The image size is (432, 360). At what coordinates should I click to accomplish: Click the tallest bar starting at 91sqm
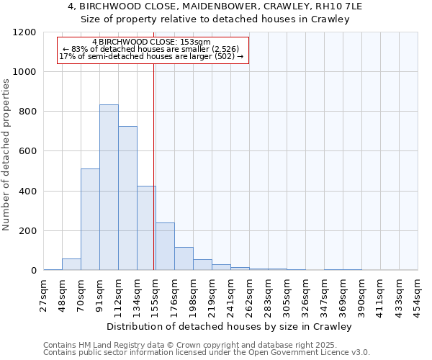(109, 187)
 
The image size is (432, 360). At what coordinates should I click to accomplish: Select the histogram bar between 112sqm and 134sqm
(127, 198)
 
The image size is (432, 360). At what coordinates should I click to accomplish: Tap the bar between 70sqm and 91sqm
(90, 220)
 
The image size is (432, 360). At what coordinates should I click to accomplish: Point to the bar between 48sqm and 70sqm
(71, 264)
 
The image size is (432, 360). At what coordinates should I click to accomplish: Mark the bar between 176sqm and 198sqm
(184, 258)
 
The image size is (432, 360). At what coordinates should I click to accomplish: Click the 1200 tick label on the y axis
(24, 32)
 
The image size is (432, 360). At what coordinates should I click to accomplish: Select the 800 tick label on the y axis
(27, 112)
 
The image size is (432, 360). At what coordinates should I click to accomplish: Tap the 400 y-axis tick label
(27, 192)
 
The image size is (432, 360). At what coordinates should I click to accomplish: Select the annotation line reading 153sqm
(152, 42)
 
